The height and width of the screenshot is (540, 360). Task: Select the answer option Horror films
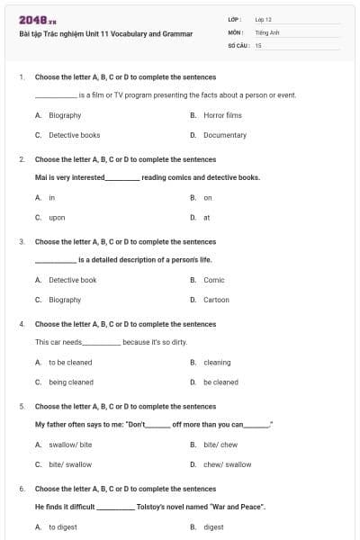click(x=222, y=115)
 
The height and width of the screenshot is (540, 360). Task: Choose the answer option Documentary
click(x=224, y=135)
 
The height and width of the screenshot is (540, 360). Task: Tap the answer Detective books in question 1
click(x=74, y=135)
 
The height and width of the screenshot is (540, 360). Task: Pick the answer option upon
click(x=57, y=217)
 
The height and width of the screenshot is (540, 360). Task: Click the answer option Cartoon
click(x=216, y=300)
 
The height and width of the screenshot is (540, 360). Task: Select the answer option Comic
click(x=214, y=280)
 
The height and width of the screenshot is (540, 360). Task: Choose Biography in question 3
click(x=65, y=300)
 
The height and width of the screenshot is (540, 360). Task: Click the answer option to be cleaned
click(x=70, y=363)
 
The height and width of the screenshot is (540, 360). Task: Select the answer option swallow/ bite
click(x=70, y=445)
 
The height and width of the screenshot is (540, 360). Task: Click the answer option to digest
click(x=63, y=527)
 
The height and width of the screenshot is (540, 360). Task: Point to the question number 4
click(x=22, y=324)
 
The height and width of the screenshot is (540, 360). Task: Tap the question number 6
click(x=22, y=489)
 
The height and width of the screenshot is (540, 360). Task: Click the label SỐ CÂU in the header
click(x=237, y=44)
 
